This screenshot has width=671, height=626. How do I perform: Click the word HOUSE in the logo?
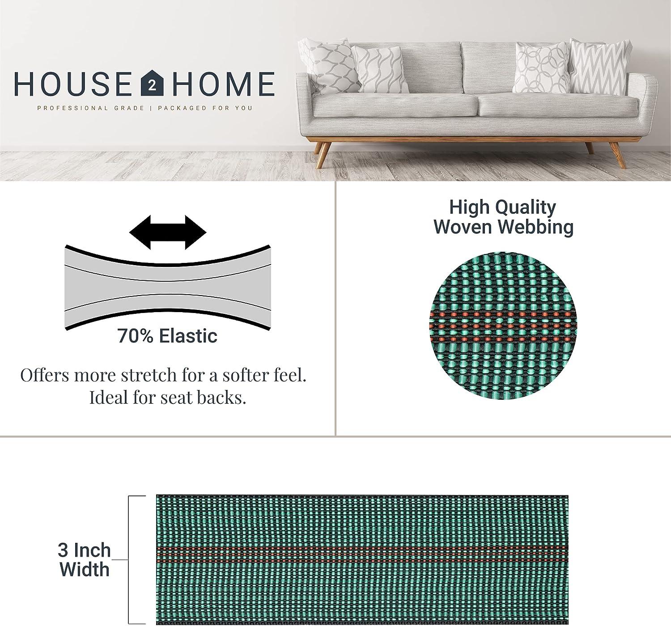pyautogui.click(x=72, y=84)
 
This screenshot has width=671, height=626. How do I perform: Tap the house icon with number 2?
pyautogui.click(x=153, y=84)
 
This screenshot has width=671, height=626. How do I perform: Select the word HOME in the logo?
pyautogui.click(x=223, y=84)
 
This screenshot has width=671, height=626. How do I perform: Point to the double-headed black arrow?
pyautogui.click(x=168, y=233)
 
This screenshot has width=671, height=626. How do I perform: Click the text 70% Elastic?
pyautogui.click(x=167, y=336)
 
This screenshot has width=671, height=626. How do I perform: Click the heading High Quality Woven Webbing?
pyautogui.click(x=503, y=217)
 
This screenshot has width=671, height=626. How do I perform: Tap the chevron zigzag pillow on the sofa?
pyautogui.click(x=599, y=67)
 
